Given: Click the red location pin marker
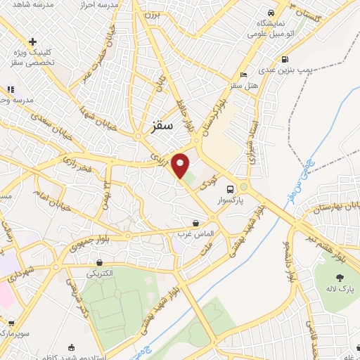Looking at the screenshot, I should [x=181, y=165].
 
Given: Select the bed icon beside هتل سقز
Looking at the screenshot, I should [x=243, y=75].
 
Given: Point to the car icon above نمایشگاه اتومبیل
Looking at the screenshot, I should [x=271, y=13].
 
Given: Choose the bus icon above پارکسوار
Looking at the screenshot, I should [x=230, y=188].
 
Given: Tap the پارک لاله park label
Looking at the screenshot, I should [x=331, y=288].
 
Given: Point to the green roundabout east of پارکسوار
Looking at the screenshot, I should [x=244, y=187].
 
